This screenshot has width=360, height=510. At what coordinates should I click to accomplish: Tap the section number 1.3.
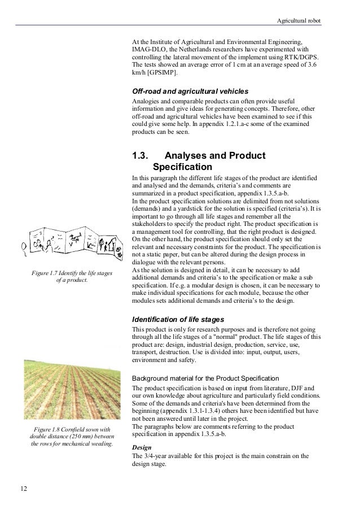point(140,155)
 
